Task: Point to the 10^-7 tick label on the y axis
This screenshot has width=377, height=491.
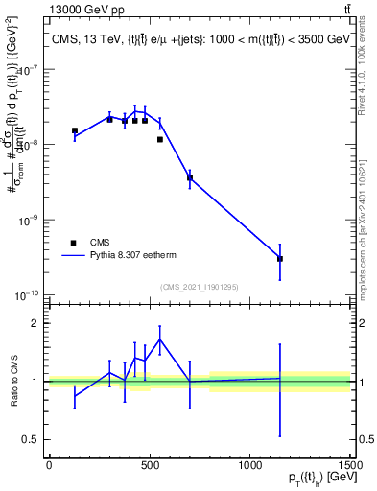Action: [25, 69]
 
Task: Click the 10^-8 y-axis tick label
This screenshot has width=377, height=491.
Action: [25, 144]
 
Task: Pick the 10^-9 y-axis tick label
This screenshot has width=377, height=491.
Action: [25, 220]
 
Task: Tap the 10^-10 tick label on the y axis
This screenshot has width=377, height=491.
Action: [24, 294]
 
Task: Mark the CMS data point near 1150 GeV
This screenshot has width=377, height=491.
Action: [280, 259]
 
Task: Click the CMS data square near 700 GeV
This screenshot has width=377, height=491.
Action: [190, 177]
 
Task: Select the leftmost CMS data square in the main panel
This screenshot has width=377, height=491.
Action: [75, 130]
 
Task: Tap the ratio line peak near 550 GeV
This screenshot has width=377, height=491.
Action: [159, 339]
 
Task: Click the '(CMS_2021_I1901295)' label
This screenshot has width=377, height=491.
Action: [199, 287]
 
